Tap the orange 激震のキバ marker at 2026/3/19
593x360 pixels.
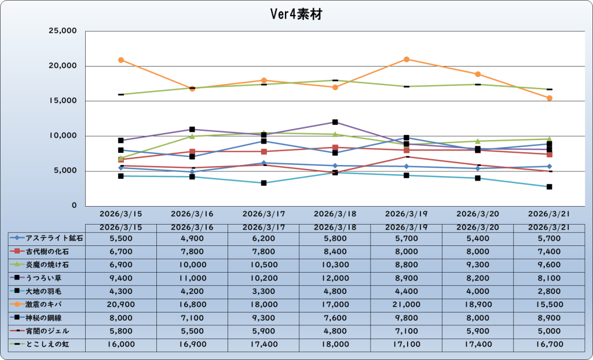pyautogui.click(x=407, y=60)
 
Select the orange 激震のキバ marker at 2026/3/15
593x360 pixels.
pyautogui.click(x=121, y=60)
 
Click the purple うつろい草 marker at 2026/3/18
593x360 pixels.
pyautogui.click(x=335, y=122)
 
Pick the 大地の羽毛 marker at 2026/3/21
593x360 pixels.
pyautogui.click(x=550, y=187)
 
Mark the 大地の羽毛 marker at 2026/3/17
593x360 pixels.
pyautogui.click(x=264, y=183)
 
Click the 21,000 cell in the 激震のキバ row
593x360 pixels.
pyautogui.click(x=407, y=304)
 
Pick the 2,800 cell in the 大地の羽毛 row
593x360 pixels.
pyautogui.click(x=550, y=291)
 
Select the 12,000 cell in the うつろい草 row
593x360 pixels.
pyautogui.click(x=335, y=278)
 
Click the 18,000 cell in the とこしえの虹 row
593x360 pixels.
pyautogui.click(x=335, y=344)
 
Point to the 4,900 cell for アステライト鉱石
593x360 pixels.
pyautogui.click(x=192, y=238)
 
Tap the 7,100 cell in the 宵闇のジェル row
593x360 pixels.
pyautogui.click(x=407, y=331)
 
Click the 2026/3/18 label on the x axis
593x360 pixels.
pyautogui.click(x=335, y=213)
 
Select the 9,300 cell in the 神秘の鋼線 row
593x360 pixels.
pyautogui.click(x=264, y=318)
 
